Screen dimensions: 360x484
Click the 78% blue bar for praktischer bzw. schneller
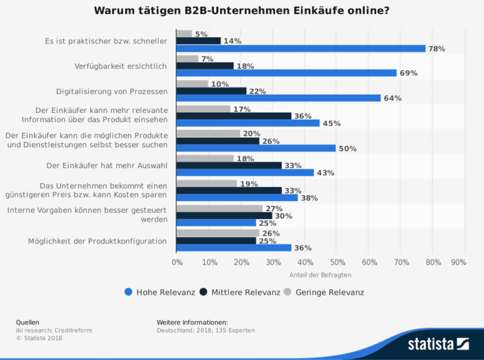pos(301,48)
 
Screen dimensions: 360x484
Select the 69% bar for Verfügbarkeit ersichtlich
pos(287,73)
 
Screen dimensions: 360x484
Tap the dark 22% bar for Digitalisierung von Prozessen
pos(212,91)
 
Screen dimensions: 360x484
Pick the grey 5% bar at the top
pos(184,34)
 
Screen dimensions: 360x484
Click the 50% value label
pos(348,148)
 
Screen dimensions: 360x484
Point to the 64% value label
pos(393,98)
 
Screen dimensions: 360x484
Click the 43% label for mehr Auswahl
pos(326,173)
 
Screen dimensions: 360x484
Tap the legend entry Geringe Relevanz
pos(329,292)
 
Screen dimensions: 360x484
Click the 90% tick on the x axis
pos(459,263)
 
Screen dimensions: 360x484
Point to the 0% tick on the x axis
pos(177,263)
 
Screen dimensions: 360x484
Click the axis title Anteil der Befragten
pos(320,274)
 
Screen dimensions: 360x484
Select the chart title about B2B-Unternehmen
pos(242,11)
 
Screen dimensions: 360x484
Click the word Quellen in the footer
pos(27,322)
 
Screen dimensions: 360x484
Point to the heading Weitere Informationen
pos(192,322)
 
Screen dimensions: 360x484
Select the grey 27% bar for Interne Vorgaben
pos(220,209)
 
